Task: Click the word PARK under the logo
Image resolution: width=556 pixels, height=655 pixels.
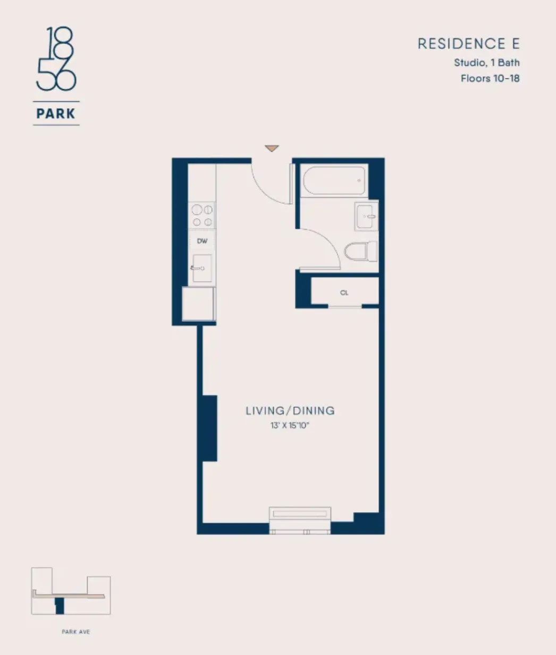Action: click(56, 113)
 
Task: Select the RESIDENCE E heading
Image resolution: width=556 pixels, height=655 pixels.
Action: click(468, 44)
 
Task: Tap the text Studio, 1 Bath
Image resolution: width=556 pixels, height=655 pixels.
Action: click(486, 63)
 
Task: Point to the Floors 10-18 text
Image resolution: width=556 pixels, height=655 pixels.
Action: click(490, 79)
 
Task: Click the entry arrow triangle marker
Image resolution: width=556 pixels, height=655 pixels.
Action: click(272, 149)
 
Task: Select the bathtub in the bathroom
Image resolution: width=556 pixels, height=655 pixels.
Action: click(334, 182)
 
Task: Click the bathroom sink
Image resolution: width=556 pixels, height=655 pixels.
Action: click(366, 217)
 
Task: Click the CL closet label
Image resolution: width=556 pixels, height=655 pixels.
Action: click(344, 292)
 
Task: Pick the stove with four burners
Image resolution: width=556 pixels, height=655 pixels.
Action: click(202, 216)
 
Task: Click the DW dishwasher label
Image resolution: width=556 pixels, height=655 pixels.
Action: click(202, 241)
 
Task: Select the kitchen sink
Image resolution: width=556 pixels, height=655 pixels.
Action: click(202, 268)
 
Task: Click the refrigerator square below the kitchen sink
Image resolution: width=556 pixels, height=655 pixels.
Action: click(198, 304)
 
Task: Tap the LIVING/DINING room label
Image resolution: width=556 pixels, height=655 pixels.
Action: click(290, 410)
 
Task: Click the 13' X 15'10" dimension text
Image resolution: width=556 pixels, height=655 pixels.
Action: click(290, 425)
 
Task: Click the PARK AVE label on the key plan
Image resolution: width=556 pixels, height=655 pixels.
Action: click(75, 632)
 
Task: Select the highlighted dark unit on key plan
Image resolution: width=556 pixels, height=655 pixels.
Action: click(60, 605)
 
